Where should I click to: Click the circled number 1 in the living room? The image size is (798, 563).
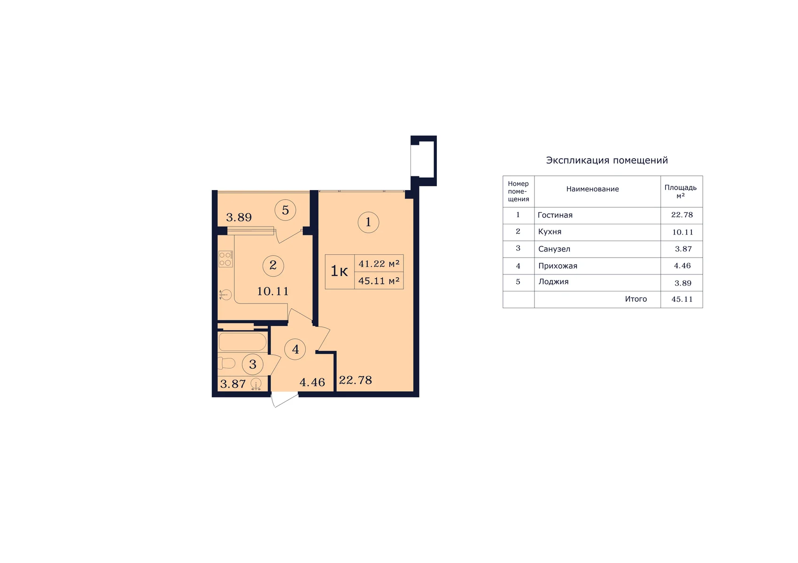point(368,222)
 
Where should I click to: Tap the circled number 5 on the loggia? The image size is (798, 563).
point(286,210)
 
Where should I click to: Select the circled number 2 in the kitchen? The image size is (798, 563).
point(273,266)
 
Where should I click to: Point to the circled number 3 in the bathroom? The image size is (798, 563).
point(253,364)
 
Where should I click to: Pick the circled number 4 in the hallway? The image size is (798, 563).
point(295,349)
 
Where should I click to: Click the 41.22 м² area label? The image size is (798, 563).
point(379,264)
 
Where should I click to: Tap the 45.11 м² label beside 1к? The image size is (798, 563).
point(379,281)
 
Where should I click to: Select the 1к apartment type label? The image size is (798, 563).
point(339,272)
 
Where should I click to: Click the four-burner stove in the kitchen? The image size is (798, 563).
point(225,259)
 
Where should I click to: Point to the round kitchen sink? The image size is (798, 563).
point(225,295)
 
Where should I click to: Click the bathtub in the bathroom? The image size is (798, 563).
point(243,342)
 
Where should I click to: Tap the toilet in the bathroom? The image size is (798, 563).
point(226,363)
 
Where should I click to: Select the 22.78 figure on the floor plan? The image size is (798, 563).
point(356,380)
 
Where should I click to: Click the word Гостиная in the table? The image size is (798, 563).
point(555,215)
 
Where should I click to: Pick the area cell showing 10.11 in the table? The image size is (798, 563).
point(682,232)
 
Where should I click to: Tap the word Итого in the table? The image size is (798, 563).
point(636,299)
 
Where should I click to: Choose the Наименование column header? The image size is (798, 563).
point(592,189)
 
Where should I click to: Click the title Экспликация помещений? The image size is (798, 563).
point(607,160)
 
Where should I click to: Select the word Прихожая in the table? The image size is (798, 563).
point(558,266)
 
